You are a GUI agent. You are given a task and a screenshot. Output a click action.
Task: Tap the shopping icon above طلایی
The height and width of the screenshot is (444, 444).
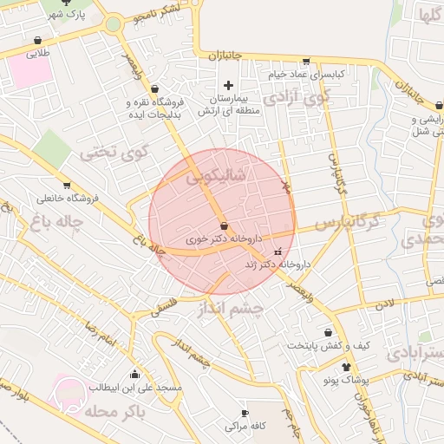pos(38,40)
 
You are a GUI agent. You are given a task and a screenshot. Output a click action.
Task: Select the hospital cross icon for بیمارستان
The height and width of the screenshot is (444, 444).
pos(228,85)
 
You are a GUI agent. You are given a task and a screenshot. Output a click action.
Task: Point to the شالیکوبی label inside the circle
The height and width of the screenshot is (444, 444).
pos(217,179)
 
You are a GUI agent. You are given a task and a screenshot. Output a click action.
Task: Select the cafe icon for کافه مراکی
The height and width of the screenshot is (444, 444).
pos(244,412)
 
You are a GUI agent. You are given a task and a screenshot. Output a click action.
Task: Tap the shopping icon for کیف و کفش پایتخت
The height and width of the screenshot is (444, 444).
pos(328,331)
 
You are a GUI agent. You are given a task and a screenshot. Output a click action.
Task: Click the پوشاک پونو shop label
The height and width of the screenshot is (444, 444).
pos(323,381)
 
